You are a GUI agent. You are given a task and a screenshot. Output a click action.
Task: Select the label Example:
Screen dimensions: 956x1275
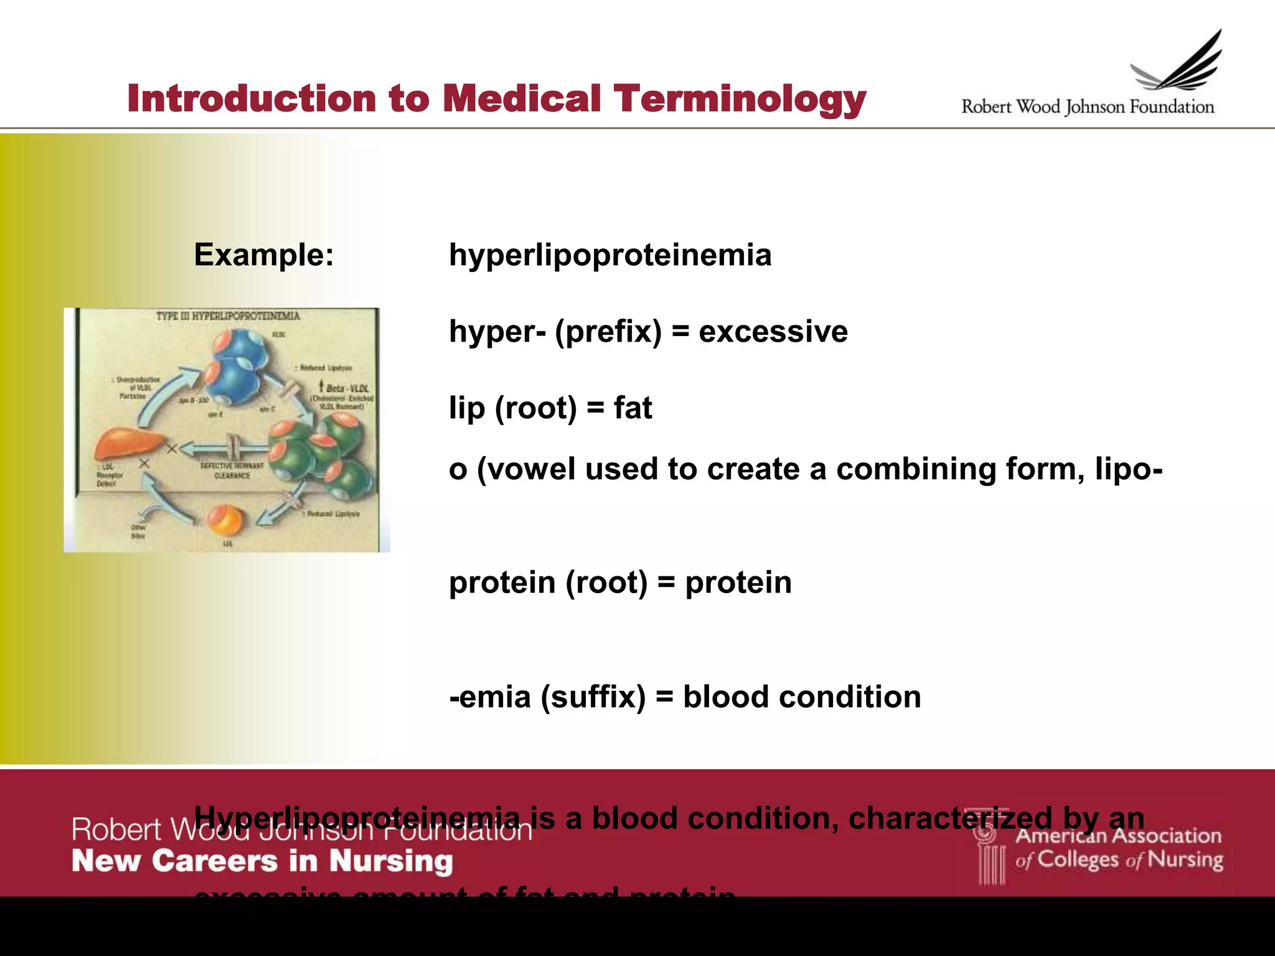[x=264, y=255]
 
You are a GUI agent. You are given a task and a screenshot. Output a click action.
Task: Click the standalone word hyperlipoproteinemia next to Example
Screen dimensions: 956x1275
[x=610, y=255]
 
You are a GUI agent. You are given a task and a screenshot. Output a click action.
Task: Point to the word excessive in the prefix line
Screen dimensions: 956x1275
[x=773, y=331]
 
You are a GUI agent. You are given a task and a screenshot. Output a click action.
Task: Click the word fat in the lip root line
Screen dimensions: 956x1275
[x=633, y=408]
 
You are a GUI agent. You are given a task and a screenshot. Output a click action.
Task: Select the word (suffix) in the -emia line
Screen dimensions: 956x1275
[x=593, y=696]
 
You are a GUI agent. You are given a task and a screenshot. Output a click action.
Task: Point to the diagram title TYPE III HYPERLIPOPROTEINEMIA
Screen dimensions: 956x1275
[x=228, y=316]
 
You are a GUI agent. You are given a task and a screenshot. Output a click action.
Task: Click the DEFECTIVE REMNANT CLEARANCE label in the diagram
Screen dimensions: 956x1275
[x=232, y=471]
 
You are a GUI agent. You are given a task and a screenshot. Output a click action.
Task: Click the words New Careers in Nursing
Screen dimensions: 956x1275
[x=262, y=861]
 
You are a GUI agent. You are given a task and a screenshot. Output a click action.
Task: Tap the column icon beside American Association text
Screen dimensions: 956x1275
[x=990, y=853]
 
